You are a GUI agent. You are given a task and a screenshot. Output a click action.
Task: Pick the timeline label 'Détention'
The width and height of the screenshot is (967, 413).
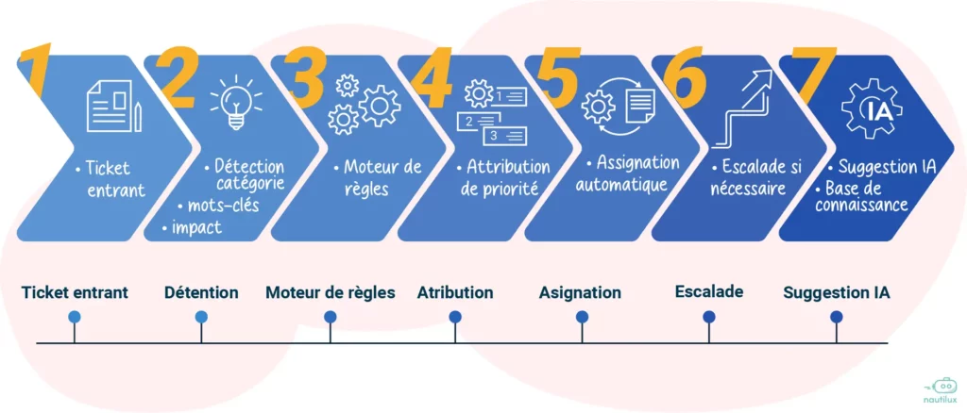pyautogui.click(x=201, y=293)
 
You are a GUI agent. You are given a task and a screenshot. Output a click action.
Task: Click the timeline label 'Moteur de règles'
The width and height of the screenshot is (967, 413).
pyautogui.click(x=331, y=293)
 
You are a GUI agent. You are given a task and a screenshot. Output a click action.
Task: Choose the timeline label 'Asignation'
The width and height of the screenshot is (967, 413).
pyautogui.click(x=580, y=293)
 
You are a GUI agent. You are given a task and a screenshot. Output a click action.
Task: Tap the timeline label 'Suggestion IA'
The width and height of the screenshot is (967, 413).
pyautogui.click(x=836, y=293)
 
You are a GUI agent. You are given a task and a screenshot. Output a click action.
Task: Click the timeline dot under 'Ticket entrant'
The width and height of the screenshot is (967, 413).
pyautogui.click(x=74, y=317)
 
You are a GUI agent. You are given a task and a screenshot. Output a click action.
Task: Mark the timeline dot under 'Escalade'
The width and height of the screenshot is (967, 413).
pyautogui.click(x=709, y=317)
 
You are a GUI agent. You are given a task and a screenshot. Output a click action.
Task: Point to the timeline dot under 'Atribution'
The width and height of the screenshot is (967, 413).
pyautogui.click(x=455, y=317)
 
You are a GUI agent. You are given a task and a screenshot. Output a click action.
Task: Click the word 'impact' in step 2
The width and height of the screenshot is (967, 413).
pyautogui.click(x=196, y=227)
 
